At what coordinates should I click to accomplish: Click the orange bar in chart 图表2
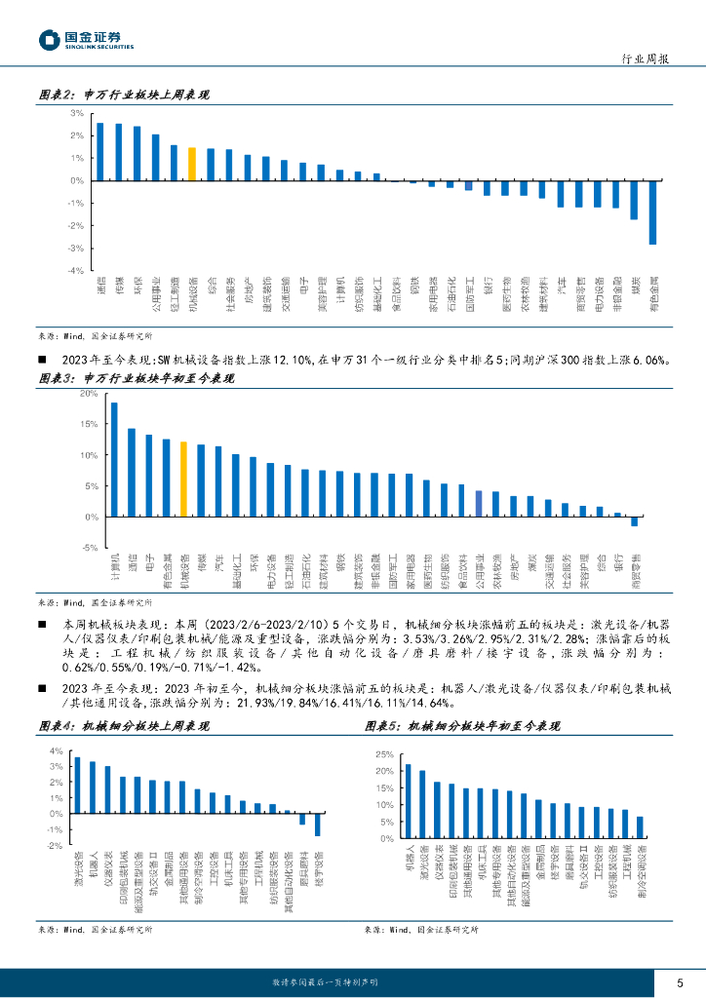point(192,164)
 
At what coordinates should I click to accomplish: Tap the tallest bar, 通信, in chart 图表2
point(100,151)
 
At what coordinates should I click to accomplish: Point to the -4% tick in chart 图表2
point(75,271)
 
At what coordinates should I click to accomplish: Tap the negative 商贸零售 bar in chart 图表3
point(635,521)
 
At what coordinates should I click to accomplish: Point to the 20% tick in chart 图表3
point(88,394)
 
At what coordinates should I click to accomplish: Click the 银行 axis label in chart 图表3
point(617,562)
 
